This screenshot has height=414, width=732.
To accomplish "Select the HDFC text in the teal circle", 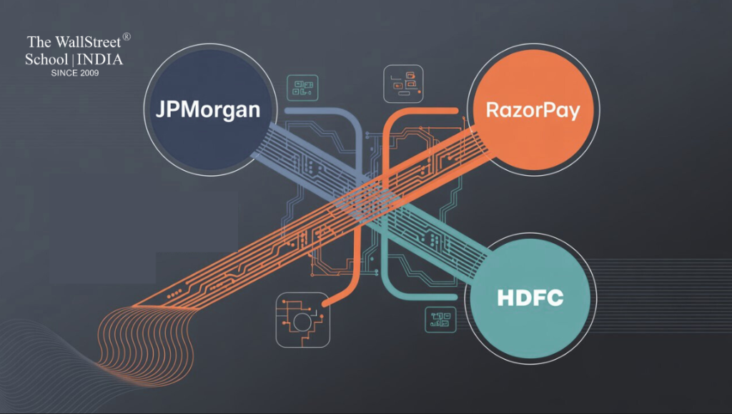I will tap(530, 297).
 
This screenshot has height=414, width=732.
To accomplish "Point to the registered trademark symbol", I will tap(127, 36).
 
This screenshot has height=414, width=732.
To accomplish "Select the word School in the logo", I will tap(46, 59).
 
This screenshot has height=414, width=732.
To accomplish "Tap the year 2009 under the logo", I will tap(88, 73).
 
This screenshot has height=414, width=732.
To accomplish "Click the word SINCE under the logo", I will tap(62, 73).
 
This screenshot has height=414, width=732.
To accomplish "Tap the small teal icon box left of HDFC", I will tap(440, 319).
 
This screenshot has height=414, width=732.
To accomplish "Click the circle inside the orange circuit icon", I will tap(302, 321).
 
